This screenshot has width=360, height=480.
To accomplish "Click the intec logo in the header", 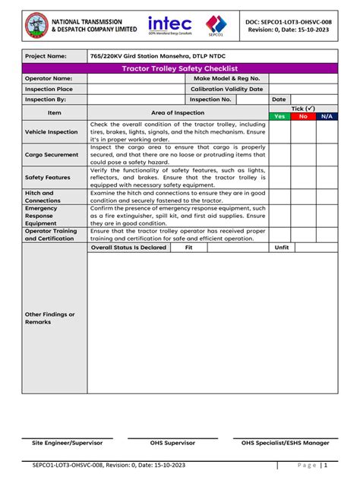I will (170, 27).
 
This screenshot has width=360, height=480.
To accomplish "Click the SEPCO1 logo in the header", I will (216, 27).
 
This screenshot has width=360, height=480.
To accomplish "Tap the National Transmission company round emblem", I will (36, 28).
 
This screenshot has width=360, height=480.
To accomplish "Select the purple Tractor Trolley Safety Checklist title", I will (180, 68).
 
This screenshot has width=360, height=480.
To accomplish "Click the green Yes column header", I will (279, 116).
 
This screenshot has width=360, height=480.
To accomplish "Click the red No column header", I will (303, 116).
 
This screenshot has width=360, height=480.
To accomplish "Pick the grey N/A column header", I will (326, 116).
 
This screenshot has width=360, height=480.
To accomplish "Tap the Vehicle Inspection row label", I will (52, 132).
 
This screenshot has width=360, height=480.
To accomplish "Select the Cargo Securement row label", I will (52, 155).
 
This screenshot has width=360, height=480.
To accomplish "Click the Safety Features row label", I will (48, 177).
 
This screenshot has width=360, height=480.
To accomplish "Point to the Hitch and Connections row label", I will (43, 196).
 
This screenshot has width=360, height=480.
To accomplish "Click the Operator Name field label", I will (49, 78).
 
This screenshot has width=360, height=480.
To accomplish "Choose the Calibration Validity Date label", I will (226, 89).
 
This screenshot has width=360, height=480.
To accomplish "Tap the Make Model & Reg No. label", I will (226, 78).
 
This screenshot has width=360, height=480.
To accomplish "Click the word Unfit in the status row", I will (282, 247).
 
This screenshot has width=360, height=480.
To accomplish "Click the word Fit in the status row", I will (189, 247).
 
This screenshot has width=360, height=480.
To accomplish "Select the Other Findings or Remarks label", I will (50, 318).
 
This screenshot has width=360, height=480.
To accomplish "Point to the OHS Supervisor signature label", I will (172, 442).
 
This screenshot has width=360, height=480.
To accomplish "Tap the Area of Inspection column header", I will (178, 112).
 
